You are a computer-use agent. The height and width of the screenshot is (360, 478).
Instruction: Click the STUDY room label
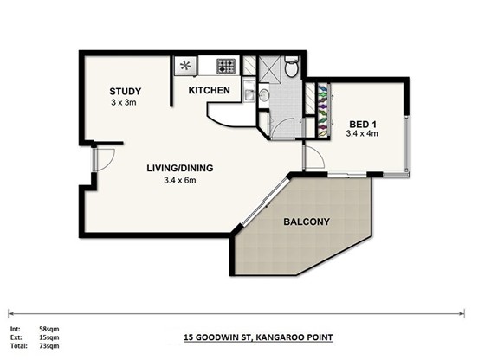tap(125, 91)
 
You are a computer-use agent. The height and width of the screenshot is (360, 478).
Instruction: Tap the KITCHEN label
tap(210, 90)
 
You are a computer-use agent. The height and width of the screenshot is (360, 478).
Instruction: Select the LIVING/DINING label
tap(180, 168)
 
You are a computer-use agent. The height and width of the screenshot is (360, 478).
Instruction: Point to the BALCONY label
tap(307, 222)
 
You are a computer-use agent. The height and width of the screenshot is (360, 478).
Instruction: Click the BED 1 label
tap(363, 125)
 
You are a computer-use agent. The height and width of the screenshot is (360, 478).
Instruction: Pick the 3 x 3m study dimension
tap(124, 103)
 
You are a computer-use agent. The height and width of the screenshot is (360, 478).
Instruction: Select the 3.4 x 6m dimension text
tap(180, 180)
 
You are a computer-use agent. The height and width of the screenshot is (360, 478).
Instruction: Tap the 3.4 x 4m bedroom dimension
tap(362, 133)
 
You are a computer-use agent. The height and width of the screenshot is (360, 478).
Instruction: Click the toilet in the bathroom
tap(292, 66)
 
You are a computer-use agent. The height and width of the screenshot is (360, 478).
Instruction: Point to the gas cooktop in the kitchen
tap(226, 66)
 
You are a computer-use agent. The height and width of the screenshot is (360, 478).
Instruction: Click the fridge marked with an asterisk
tap(185, 66)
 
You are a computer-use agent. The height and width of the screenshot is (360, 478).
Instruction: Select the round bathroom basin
tap(264, 95)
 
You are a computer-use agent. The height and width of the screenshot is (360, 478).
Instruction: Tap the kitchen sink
tap(249, 92)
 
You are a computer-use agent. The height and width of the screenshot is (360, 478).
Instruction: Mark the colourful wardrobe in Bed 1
tap(323, 111)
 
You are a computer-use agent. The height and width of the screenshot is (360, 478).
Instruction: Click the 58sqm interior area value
tap(49, 329)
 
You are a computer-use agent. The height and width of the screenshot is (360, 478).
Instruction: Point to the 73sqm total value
tap(49, 345)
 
